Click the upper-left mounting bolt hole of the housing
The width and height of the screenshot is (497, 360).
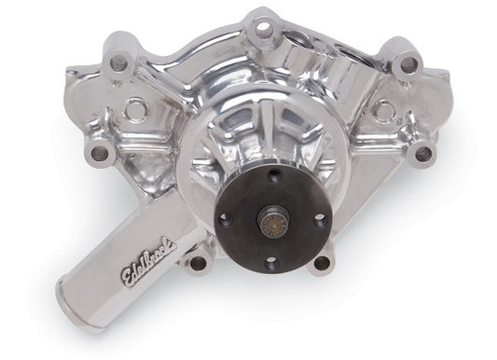tap(117, 63)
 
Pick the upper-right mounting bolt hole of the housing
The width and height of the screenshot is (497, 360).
tap(407, 64)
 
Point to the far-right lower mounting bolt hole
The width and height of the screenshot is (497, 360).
tap(424, 153)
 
